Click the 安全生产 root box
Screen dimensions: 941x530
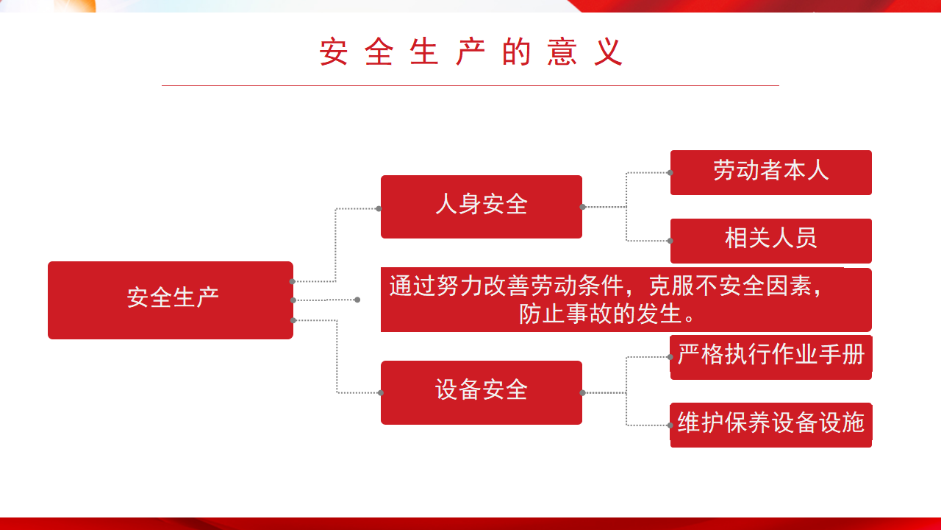[x=171, y=300]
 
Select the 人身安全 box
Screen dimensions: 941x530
[x=482, y=207]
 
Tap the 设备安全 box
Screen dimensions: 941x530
[x=482, y=392]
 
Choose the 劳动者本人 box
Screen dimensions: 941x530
[x=771, y=172]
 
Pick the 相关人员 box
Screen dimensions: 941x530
[x=771, y=241]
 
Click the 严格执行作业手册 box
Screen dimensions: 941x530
[x=771, y=357]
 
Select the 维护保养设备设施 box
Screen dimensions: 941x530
[x=771, y=425]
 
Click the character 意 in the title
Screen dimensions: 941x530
[x=562, y=52]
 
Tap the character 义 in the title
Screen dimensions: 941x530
[x=608, y=52]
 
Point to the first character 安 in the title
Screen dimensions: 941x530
[x=334, y=52]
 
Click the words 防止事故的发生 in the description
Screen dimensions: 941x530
[x=601, y=314]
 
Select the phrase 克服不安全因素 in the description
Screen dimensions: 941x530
[x=730, y=286]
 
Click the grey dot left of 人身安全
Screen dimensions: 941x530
[x=379, y=208]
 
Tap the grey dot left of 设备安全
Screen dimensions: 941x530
[x=380, y=393]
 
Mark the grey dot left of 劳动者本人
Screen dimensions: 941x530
[x=670, y=172]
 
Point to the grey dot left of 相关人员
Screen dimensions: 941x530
[x=670, y=241]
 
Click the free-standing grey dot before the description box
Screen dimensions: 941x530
[x=357, y=300]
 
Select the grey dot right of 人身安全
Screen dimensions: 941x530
[x=583, y=207]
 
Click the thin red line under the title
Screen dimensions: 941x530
[x=470, y=86]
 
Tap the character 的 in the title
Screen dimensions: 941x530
[x=516, y=52]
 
